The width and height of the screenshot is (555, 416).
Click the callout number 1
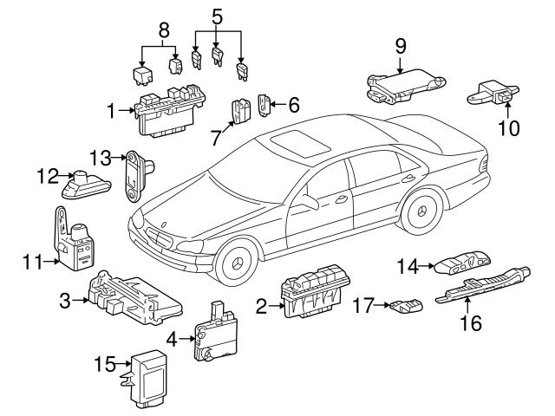click(x=111, y=110)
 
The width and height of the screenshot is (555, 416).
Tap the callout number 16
click(x=471, y=325)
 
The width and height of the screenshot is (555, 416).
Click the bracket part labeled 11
click(x=75, y=233)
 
